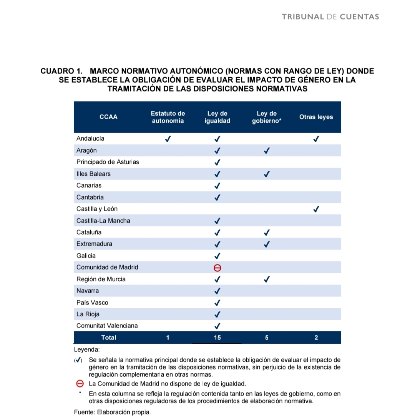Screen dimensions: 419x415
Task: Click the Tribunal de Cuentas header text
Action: pos(330,17)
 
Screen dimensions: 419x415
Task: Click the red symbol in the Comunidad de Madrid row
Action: pos(217,268)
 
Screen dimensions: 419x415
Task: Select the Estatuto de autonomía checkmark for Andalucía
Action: pos(168,139)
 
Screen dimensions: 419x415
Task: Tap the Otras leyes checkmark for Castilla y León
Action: pos(316,209)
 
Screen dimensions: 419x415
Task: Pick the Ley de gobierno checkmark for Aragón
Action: pos(267,151)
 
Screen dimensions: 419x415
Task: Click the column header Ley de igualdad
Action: pos(217,117)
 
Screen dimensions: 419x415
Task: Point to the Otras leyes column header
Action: pos(316,117)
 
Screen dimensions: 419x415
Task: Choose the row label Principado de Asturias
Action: pos(108,162)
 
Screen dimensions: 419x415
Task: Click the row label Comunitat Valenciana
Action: pos(107,326)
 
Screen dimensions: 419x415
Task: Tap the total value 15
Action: pos(217,338)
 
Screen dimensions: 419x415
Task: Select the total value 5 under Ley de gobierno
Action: pos(267,338)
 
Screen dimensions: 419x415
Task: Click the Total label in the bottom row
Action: pos(108,338)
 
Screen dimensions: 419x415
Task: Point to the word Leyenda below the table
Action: pos(86,350)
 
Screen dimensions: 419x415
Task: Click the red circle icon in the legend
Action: pos(80,384)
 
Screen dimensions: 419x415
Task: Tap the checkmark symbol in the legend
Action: pos(78,360)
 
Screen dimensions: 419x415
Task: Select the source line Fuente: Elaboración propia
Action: pos(107,412)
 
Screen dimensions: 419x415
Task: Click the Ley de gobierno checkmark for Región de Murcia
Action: pos(267,279)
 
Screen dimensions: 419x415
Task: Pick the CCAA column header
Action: pos(108,117)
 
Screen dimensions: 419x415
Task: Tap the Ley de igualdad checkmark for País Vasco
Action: pos(217,303)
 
